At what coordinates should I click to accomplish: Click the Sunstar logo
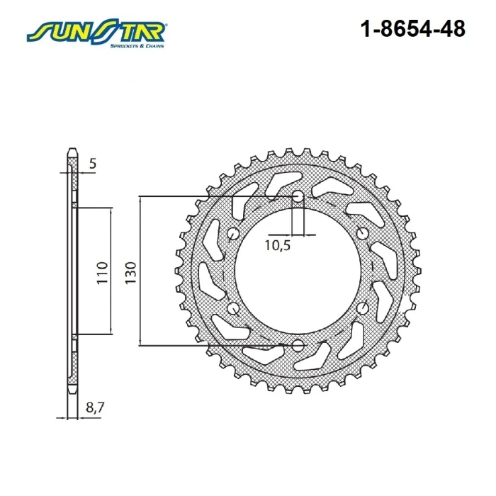[96, 33]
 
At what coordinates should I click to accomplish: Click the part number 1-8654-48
[413, 29]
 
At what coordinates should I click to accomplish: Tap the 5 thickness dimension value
[92, 164]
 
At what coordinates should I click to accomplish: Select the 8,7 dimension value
[95, 407]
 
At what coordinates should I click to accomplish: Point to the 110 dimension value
[102, 273]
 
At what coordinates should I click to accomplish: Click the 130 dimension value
[130, 273]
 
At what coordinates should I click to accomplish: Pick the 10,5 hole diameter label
[278, 245]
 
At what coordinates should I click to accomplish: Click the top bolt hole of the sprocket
[298, 196]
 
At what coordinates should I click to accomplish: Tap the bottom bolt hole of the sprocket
[298, 346]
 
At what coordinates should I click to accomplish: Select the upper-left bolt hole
[233, 233]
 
